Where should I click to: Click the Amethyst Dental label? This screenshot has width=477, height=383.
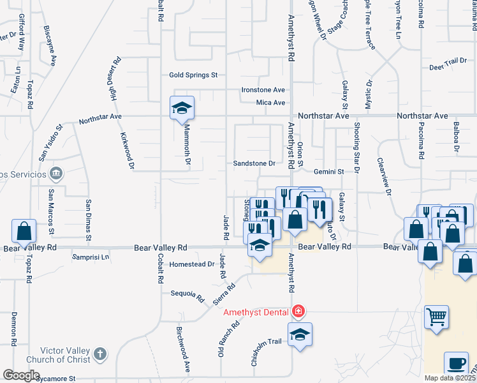click(256, 312)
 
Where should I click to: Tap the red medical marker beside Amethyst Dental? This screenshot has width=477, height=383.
click(297, 312)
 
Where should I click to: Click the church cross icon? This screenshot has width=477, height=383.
click(100, 354)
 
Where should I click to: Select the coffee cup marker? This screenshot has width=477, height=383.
click(455, 363)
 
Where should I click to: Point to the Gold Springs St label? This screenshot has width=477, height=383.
click(193, 75)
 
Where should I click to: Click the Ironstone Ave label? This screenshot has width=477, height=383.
click(263, 91)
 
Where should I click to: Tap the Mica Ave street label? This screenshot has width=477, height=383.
click(270, 103)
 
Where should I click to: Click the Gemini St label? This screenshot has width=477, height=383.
click(328, 172)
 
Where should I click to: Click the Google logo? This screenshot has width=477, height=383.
click(21, 375)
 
